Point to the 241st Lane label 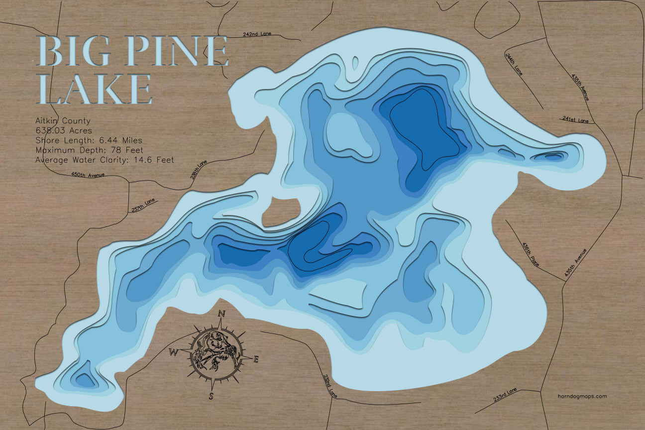click(x=575, y=120)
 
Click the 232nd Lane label click(x=330, y=386)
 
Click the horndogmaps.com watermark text click(x=582, y=396)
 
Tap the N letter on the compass click(x=222, y=313)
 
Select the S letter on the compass click(x=211, y=396)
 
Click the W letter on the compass click(x=174, y=353)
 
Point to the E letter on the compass click(x=256, y=359)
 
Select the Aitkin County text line click(x=63, y=121)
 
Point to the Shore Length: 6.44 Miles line click(x=89, y=140)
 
